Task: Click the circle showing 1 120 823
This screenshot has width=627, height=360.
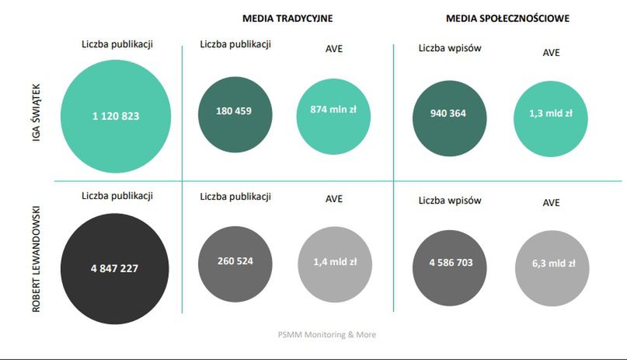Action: pos(116,116)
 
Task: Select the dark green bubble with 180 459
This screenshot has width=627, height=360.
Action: pos(234,111)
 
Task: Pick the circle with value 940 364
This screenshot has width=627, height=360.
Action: pos(448,114)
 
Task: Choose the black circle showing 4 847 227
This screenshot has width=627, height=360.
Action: pos(115,268)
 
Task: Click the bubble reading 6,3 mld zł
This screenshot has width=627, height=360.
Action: pos(551,264)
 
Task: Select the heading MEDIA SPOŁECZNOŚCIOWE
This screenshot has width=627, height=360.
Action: pos(508,17)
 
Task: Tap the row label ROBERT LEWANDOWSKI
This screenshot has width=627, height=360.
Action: pos(37,260)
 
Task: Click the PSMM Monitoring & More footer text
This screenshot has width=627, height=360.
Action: pos(327,334)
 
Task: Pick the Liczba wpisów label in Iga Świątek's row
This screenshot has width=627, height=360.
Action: pos(450,48)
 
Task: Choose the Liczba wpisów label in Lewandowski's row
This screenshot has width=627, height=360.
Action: pos(450,200)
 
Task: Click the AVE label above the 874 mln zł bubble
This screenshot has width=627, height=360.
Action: pos(334,48)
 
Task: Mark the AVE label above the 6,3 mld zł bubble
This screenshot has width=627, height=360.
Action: pos(552,203)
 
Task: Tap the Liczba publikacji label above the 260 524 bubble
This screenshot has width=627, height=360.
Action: pos(235,197)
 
